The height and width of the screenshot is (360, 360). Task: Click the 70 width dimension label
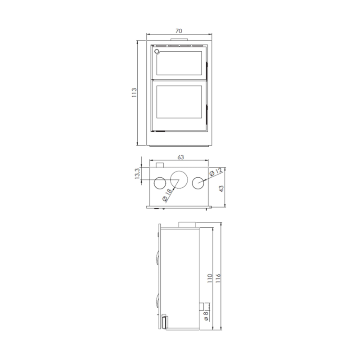[x=179, y=31]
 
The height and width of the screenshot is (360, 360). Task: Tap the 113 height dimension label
[x=134, y=92]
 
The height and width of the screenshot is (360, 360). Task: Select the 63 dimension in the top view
[x=181, y=157]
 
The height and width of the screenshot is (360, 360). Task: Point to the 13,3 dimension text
[x=137, y=173]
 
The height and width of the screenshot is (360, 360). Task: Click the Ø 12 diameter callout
[x=216, y=172]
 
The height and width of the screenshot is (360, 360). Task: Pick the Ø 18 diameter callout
[x=167, y=195]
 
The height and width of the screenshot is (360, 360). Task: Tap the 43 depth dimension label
[x=221, y=189]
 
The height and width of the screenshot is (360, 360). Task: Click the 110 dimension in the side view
[x=210, y=278]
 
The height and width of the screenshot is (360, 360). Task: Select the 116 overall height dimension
[x=218, y=278]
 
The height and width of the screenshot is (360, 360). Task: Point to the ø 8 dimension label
[x=206, y=316]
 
